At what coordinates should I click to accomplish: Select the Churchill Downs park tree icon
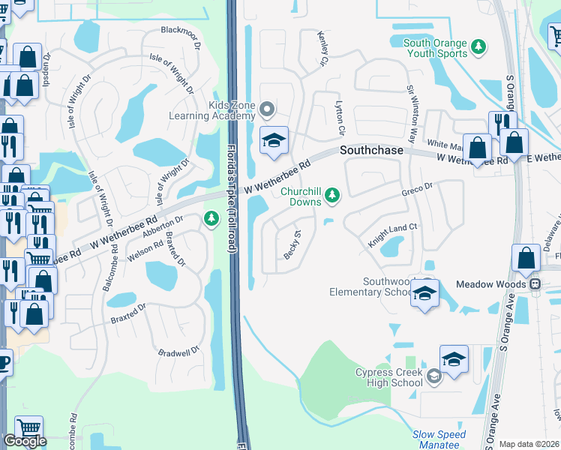click(x=332, y=196)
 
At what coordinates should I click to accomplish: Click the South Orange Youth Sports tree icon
click(x=478, y=49)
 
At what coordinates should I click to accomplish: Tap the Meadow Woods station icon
click(x=535, y=284)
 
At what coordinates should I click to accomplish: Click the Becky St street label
click(x=292, y=244)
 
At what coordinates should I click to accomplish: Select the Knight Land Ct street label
click(x=391, y=235)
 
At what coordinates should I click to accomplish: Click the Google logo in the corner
click(x=25, y=441)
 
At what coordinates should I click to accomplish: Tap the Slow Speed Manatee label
click(x=439, y=439)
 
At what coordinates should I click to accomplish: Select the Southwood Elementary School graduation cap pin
click(x=424, y=294)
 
